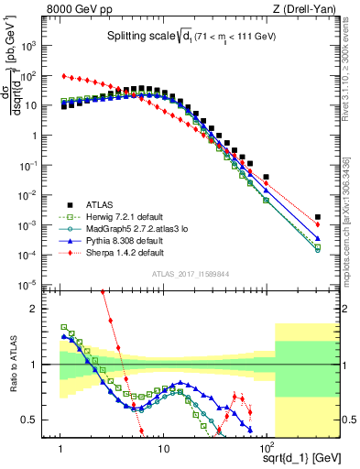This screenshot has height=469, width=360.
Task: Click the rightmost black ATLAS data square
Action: (317, 217)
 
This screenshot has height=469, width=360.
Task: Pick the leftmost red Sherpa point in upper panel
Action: (63, 76)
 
